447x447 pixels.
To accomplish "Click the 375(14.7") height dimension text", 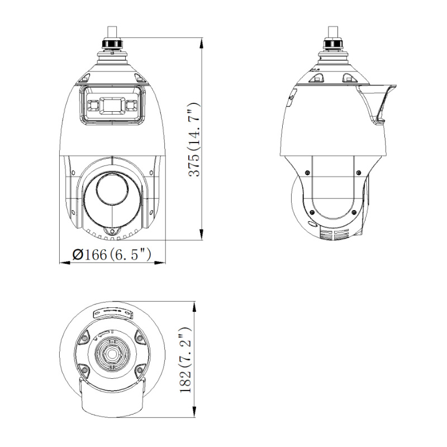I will [194, 140].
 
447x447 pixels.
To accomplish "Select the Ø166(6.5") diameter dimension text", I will [112, 255].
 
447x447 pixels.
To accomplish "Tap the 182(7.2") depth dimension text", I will [187, 360].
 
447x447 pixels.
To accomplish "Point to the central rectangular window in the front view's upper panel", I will [112, 104].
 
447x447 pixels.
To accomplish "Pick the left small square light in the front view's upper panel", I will [91, 104].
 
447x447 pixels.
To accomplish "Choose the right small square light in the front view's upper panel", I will [132, 104].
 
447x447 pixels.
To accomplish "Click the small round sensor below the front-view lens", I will [112, 231].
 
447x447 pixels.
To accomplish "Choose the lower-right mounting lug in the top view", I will [138, 369].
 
